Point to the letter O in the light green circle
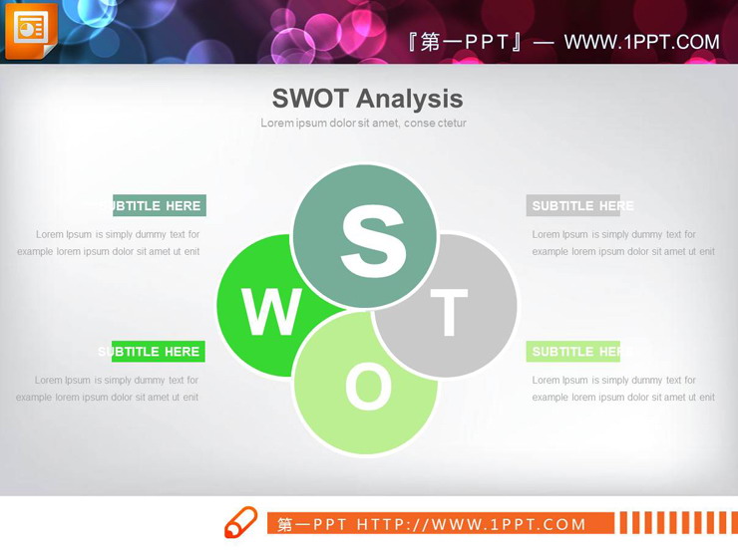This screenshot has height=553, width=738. click(x=368, y=387)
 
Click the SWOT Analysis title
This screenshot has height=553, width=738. click(x=367, y=98)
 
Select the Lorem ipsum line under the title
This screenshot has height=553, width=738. click(x=363, y=124)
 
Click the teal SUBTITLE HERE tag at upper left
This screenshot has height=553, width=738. click(x=160, y=206)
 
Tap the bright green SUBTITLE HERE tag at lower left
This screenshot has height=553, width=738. click(x=158, y=352)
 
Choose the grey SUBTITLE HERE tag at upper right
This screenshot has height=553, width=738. click(x=573, y=206)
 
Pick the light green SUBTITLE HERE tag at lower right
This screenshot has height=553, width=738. click(x=573, y=352)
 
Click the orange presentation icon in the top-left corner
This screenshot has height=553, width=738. click(x=31, y=31)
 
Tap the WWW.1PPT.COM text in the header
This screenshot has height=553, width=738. click(x=641, y=42)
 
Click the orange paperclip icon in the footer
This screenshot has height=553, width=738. click(x=240, y=523)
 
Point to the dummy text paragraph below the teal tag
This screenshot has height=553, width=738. click(x=109, y=243)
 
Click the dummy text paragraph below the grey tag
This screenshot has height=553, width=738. click(x=623, y=243)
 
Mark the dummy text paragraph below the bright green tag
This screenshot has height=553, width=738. click(x=108, y=389)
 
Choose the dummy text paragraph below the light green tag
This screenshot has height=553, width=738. click(x=623, y=389)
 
